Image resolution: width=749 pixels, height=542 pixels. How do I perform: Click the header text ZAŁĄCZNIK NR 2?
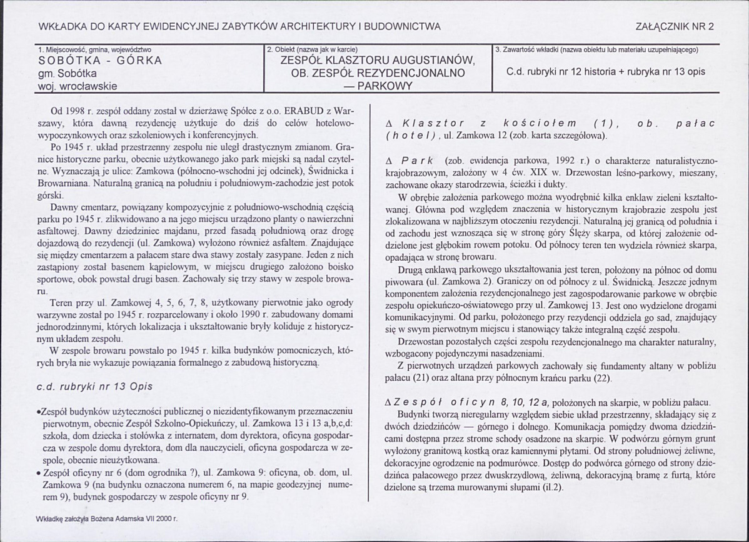[674, 26]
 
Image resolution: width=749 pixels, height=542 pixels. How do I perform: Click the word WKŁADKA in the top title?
[60, 26]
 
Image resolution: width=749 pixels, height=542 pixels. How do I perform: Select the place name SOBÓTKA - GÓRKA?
[100, 61]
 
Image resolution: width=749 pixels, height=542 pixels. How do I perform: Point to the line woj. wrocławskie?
[78, 86]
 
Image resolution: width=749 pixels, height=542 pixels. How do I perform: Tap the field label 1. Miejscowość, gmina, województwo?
[94, 49]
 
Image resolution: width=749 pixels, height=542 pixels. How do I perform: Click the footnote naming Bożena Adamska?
[108, 518]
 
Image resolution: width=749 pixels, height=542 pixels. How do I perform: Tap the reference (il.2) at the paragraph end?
[550, 487]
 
